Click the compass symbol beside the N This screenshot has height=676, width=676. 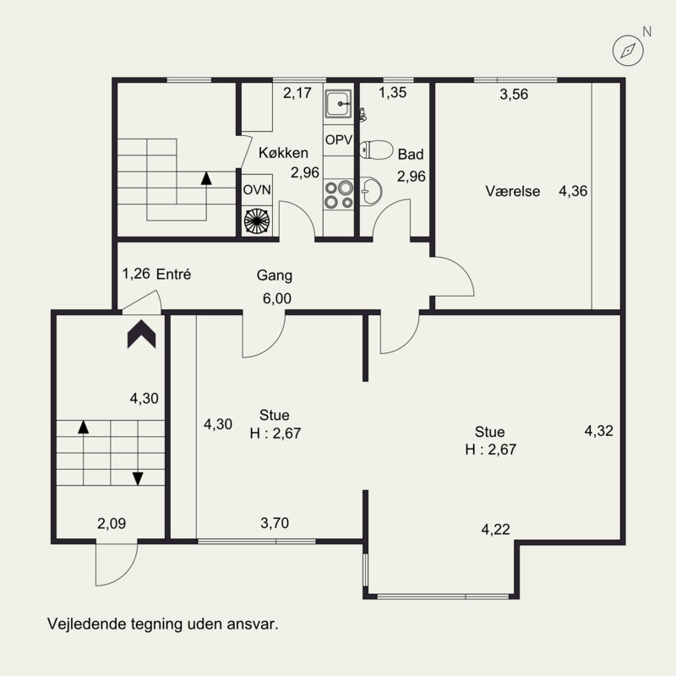pos(628,51)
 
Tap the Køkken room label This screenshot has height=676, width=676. pos(283,153)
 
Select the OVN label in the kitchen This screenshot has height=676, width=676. pos(257,189)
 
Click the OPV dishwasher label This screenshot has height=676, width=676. pos(339,139)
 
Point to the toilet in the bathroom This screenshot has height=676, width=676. pos(376,150)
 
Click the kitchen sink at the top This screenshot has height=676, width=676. pos(339,103)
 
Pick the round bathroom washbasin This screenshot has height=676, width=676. pos(371,192)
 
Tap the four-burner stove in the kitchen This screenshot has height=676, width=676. pos(339,195)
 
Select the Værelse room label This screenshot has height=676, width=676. pos(513,191)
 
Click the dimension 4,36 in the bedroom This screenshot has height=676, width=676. pos(573,191)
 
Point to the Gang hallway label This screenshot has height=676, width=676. pos(274,275)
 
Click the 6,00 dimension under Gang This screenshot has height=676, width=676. pos(277,298)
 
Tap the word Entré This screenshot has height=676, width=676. pos(173,274)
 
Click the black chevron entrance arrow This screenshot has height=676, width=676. pos(141,334)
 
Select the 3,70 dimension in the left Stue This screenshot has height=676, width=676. pos(275,523)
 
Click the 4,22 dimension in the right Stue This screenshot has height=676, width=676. pos(495,529)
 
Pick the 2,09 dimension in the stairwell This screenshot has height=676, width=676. pos(112,523)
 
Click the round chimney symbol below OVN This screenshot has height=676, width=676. pos(257,221)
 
